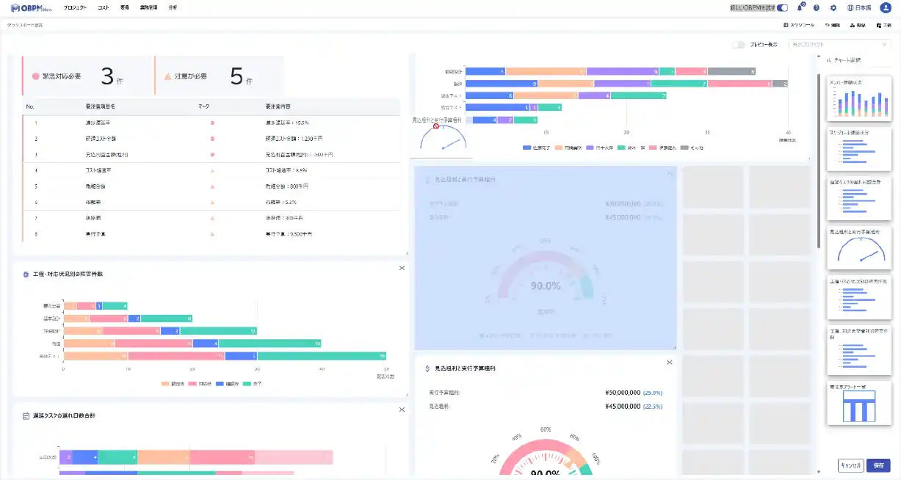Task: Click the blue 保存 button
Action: [878, 465]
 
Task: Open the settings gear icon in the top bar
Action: [833, 7]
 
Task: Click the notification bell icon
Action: [800, 7]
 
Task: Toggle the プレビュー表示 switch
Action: [739, 45]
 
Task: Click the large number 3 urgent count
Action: [108, 76]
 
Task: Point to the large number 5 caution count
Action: [236, 76]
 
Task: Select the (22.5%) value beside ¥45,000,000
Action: [653, 406]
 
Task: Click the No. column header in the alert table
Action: [30, 106]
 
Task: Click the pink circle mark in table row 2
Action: [212, 139]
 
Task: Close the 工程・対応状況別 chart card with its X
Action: [402, 268]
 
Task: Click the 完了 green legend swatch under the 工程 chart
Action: [247, 383]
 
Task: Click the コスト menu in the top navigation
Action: [103, 7]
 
